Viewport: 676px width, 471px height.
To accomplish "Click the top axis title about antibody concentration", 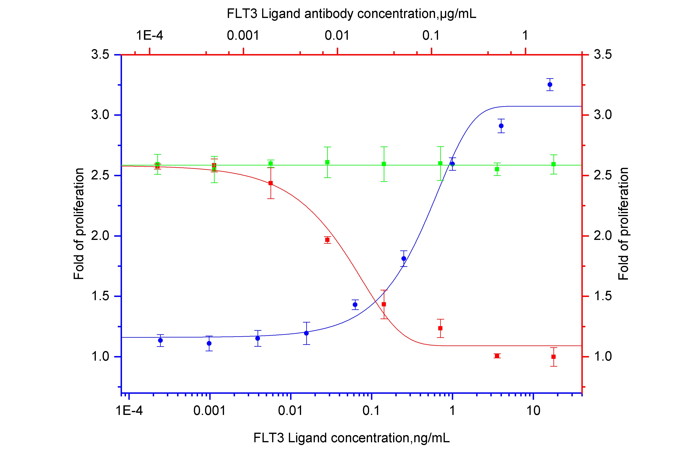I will tap(351, 14).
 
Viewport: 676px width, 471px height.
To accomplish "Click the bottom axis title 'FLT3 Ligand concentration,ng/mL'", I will tap(351, 438).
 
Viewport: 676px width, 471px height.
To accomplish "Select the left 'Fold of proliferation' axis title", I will tap(79, 224).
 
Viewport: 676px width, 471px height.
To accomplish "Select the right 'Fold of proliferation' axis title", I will tap(623, 224).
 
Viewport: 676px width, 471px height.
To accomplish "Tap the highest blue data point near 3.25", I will tap(550, 84).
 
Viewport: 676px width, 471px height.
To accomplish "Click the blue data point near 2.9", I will tap(501, 126).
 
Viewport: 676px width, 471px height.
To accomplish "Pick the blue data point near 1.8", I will tap(404, 258).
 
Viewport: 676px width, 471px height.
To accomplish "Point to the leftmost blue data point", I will tap(161, 340).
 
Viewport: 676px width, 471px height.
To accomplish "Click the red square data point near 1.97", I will tap(327, 240).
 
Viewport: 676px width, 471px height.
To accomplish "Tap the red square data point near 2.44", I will tap(271, 183).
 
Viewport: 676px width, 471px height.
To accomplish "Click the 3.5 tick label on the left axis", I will tap(100, 54).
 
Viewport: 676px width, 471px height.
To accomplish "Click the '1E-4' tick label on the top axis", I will tap(149, 36).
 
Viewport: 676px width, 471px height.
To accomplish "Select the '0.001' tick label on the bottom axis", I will tap(209, 410).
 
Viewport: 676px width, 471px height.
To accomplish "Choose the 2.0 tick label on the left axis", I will tap(100, 236).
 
